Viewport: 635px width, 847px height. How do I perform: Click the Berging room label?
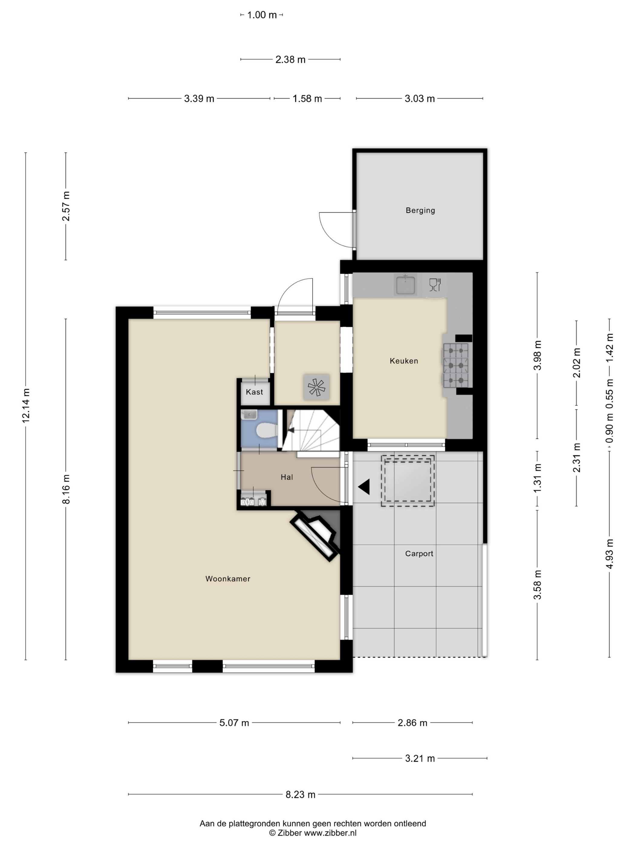point(420,210)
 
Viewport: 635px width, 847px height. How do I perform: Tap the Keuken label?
point(404,361)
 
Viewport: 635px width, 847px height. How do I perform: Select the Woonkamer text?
point(228,579)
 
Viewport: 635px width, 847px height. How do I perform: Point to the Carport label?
point(419,553)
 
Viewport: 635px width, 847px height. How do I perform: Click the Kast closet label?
point(255,392)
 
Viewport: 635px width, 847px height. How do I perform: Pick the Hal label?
point(287,477)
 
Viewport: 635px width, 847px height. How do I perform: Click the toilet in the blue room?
point(267,430)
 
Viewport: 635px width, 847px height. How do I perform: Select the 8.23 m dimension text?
point(301,795)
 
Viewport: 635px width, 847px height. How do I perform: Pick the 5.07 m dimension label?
point(234,723)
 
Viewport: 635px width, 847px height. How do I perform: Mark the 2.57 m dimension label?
point(66,206)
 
